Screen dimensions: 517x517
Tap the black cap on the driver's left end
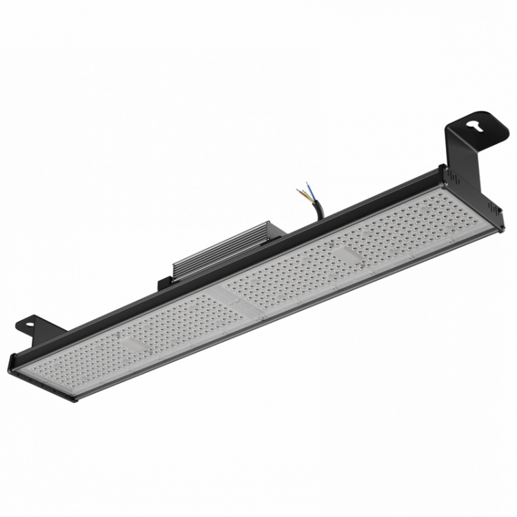[165, 283]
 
